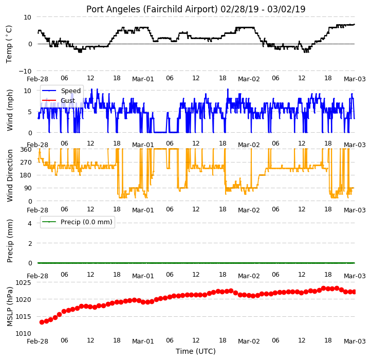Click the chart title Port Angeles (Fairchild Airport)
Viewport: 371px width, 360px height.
[x=152, y=9]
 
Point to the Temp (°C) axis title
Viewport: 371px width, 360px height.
[x=9, y=44]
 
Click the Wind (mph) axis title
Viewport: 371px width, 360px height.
[x=9, y=110]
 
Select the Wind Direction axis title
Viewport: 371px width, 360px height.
[x=9, y=175]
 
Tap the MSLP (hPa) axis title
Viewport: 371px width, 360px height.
[x=9, y=307]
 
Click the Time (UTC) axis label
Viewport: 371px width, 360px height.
[x=196, y=351]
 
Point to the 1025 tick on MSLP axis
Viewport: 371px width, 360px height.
[x=23, y=282]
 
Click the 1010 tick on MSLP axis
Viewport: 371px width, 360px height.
[x=23, y=333]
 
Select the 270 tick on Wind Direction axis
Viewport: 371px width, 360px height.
[x=26, y=162]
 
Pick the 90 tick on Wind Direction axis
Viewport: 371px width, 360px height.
[x=28, y=188]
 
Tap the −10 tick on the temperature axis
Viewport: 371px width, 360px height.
[x=25, y=71]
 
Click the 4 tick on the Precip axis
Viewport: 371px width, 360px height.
[x=30, y=223]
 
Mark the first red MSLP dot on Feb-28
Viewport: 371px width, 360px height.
[x=42, y=322]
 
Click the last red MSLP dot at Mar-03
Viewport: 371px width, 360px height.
[x=354, y=292]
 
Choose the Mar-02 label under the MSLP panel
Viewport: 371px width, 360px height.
[x=249, y=341]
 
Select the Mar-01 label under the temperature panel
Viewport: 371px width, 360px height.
[x=143, y=79]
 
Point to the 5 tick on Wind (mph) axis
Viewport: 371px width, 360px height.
[x=30, y=112]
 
